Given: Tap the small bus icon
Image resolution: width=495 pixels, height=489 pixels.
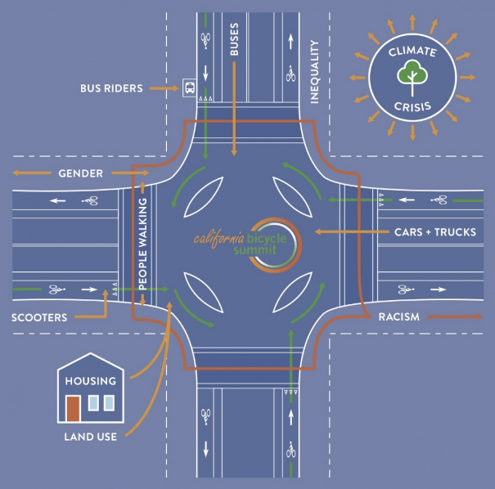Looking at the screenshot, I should [x=190, y=87].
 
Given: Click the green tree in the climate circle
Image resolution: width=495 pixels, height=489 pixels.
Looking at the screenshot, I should [x=412, y=74].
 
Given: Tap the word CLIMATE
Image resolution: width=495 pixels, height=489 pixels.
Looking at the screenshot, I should [x=412, y=52].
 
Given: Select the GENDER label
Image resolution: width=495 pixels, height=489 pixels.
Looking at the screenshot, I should [x=80, y=173].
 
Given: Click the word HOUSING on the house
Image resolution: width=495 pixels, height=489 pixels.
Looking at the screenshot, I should [x=92, y=381].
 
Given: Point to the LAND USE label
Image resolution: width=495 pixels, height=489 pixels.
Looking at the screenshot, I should [x=91, y=437].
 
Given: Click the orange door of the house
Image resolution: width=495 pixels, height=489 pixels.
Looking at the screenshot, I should [x=73, y=407].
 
